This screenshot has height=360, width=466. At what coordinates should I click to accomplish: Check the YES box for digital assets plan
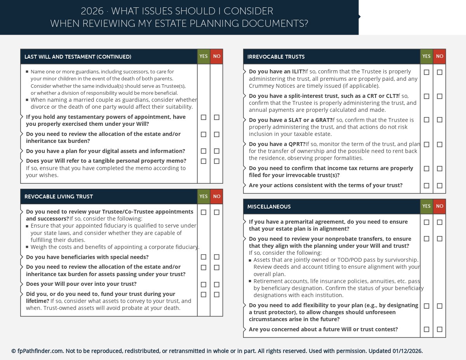[203, 151]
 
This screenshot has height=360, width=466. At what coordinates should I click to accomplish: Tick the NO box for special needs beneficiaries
[217, 257]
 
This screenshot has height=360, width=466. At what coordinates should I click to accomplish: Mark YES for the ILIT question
[426, 72]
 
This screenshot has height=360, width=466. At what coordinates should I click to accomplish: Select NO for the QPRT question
[440, 144]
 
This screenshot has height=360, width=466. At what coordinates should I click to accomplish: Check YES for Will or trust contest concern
[426, 329]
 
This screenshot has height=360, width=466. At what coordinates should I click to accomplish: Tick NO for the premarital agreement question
[440, 222]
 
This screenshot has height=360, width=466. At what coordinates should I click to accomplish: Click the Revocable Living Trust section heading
[59, 197]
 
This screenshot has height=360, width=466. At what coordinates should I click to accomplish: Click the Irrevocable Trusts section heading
[276, 57]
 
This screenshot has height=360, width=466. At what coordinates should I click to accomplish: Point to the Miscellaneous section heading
[269, 207]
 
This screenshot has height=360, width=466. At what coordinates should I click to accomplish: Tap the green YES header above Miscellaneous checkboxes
[426, 207]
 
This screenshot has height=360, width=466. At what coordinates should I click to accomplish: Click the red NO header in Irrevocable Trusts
[440, 57]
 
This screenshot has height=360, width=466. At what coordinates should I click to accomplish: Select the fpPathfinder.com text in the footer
[40, 351]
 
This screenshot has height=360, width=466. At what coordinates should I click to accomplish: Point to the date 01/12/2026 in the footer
[407, 351]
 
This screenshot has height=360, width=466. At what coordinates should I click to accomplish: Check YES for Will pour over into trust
[203, 285]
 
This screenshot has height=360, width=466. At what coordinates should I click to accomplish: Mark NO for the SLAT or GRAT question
[440, 120]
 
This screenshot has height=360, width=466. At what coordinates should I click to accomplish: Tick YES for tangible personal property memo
[203, 161]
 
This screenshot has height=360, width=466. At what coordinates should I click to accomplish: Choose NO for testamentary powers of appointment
[217, 117]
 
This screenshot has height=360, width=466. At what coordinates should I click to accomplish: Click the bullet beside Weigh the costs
[27, 247]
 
